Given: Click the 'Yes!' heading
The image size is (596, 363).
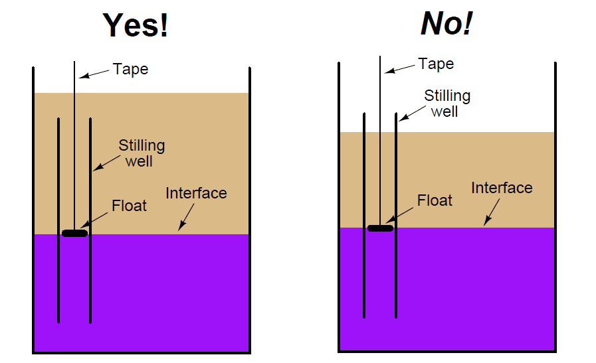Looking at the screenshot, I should tap(136, 25).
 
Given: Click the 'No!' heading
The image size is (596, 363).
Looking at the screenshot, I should tap(446, 24).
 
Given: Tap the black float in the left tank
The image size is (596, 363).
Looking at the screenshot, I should tap(74, 233).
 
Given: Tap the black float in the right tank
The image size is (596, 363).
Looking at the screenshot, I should tap(380, 228).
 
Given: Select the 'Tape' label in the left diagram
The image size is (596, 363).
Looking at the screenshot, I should tap(130, 69).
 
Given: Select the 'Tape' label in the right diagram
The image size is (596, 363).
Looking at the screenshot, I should tap(436, 64).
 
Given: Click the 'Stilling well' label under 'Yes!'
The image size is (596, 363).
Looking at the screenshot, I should tap(142, 153).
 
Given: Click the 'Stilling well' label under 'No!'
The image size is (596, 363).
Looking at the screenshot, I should tap(447, 103).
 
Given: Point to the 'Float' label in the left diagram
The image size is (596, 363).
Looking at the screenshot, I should tap(129, 206).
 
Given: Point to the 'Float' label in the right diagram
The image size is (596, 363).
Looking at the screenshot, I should tap(435, 200).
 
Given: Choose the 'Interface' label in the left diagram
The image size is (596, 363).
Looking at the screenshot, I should tap(196, 193).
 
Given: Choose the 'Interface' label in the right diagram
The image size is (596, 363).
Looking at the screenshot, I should tap(502, 188).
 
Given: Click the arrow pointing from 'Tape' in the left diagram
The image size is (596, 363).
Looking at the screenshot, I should tap(93, 72).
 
